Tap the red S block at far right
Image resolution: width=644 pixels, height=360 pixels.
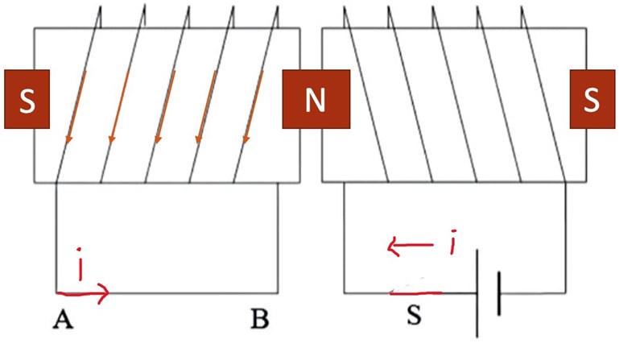tap(592, 99)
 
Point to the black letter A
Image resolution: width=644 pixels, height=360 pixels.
tap(60, 321)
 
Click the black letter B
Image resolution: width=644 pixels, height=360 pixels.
tap(259, 320)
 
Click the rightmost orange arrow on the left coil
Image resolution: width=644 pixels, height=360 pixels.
tap(254, 109)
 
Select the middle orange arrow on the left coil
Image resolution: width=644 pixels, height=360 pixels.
tap(165, 109)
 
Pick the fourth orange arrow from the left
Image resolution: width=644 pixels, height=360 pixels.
tap(208, 109)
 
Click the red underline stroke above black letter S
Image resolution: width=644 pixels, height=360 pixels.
tap(417, 293)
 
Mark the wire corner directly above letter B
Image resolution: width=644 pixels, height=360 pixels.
tap(279, 293)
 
